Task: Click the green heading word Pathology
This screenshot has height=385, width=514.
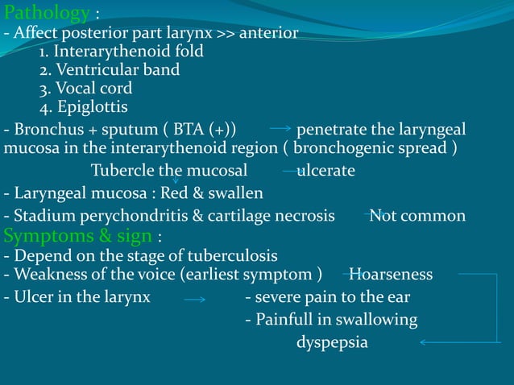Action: coord(46,13)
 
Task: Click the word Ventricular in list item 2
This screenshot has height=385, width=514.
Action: coord(96,70)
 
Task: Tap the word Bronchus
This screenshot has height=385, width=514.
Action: coord(44,130)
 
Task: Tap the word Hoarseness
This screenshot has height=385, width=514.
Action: coord(391,275)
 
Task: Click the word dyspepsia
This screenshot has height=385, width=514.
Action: coord(331,342)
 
